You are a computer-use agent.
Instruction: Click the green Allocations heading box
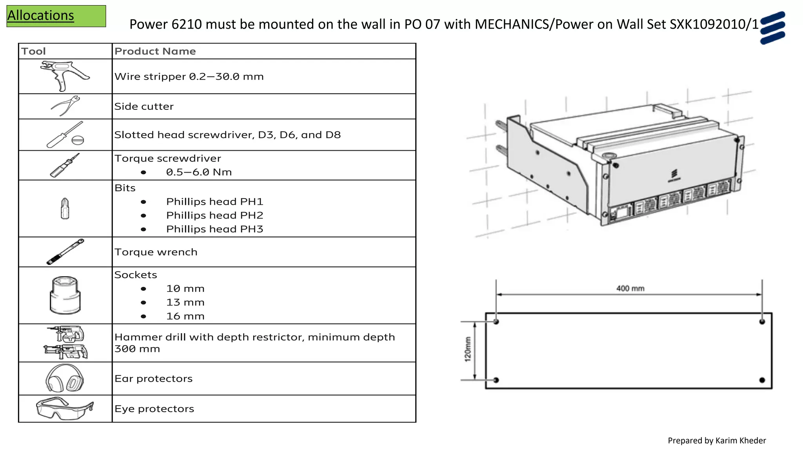[56, 16]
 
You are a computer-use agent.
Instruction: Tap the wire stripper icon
[65, 75]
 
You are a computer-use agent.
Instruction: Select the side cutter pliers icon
[65, 106]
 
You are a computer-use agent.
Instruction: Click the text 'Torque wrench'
[156, 252]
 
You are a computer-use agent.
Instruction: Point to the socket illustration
[65, 295]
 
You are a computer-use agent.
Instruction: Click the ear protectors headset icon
[65, 378]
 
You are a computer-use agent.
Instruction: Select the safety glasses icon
[65, 408]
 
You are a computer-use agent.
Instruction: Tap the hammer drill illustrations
[65, 343]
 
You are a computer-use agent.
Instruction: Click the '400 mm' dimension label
[630, 288]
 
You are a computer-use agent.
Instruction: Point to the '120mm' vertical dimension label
[468, 349]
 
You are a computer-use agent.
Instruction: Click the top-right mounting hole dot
[762, 322]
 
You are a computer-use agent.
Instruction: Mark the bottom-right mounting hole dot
[762, 380]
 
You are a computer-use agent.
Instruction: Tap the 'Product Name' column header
[155, 51]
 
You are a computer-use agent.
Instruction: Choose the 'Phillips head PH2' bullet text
[214, 215]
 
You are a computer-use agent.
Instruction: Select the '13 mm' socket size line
[185, 303]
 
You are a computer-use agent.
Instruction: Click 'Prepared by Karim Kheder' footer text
[716, 441]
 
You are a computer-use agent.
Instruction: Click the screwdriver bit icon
[65, 208]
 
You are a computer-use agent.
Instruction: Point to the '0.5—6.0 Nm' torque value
[199, 172]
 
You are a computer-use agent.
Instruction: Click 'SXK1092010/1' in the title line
[714, 24]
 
